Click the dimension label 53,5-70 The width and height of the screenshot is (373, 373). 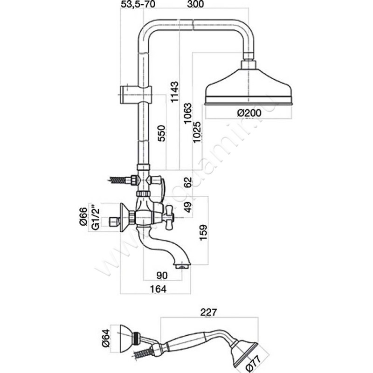coord(138,6)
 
